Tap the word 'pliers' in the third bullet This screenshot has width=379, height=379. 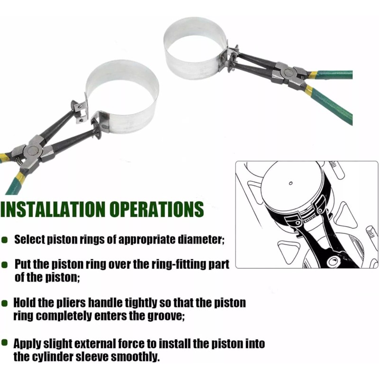pyautogui.click(x=72, y=302)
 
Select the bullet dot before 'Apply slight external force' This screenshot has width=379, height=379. pyautogui.click(x=5, y=343)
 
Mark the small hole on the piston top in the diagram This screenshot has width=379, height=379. pyautogui.click(x=290, y=182)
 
